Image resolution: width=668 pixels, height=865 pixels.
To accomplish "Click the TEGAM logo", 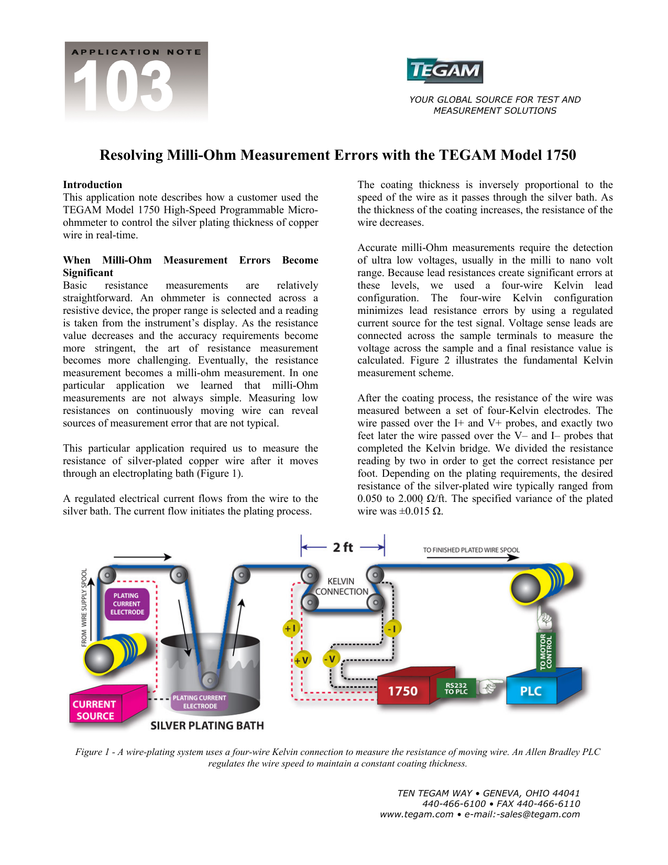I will (x=445, y=71).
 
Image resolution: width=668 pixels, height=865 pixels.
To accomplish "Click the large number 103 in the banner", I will (x=123, y=86).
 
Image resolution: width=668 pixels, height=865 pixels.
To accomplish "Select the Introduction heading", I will (x=92, y=185).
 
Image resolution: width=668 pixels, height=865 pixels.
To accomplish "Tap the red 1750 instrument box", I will (x=402, y=691).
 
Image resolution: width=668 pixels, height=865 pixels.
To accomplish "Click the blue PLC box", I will (x=531, y=691).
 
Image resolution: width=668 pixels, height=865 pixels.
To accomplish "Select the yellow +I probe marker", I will (x=291, y=628).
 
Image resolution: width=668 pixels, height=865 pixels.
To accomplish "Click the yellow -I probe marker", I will (x=391, y=628).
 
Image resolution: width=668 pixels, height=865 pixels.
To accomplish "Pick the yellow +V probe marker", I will (x=302, y=660).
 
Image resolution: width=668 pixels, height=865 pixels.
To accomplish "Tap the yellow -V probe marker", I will (x=331, y=659).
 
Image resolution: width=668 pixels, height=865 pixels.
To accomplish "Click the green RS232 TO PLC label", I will (x=456, y=688).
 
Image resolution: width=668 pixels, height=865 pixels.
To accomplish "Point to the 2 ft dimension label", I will (x=343, y=548).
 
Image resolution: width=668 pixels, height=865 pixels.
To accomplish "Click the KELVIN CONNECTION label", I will (x=342, y=587).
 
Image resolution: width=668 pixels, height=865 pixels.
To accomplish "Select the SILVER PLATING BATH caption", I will (x=207, y=726).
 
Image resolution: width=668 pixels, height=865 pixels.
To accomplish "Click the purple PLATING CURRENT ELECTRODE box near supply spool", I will (x=127, y=604).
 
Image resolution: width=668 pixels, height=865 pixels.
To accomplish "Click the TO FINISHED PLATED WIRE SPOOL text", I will (x=471, y=550).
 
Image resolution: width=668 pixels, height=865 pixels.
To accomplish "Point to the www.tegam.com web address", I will (x=417, y=815).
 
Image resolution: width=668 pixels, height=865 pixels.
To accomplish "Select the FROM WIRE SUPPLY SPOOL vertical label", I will (x=84, y=608).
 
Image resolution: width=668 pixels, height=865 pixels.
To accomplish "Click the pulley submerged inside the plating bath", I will (x=211, y=681).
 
